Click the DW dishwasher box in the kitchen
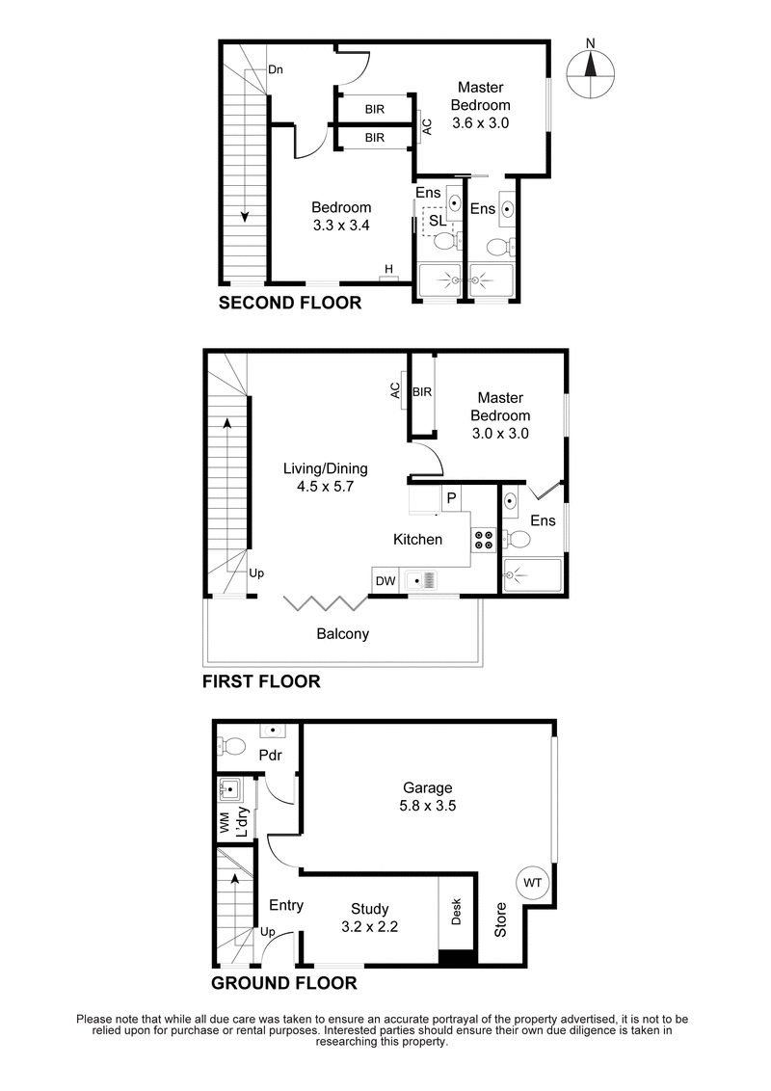coord(385,580)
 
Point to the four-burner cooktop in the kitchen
coord(482,540)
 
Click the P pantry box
coord(449,499)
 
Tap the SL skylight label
coord(437,220)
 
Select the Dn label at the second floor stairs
coord(276,69)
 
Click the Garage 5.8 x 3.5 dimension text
coord(428,805)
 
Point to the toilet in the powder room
coord(231,745)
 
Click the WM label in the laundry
coord(224,823)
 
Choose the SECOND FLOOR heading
coord(290,304)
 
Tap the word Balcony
coord(343,634)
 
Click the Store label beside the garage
coord(500,919)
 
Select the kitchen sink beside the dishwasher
coord(422,580)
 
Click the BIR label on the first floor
coord(421,392)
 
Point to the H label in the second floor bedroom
coord(388,269)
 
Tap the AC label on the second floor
coord(428,125)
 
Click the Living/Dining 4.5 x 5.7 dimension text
coord(325,478)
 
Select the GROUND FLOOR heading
coord(284,984)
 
